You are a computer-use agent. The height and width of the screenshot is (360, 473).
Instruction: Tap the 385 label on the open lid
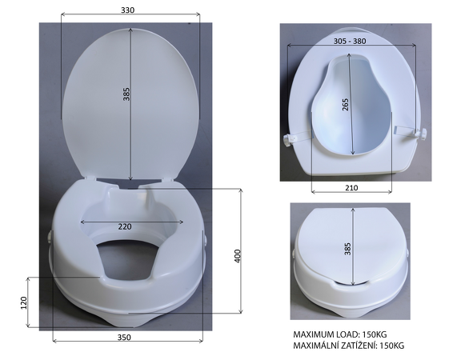126,94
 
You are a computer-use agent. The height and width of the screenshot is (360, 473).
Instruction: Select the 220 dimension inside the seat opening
124,226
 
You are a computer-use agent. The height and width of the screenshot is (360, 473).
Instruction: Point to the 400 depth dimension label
237,256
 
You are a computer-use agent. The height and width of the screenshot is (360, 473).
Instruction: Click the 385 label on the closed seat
347,250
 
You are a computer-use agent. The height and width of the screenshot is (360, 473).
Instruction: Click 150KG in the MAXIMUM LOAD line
381,334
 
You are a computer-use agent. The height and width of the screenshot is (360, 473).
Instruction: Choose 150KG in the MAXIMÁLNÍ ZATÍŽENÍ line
390,346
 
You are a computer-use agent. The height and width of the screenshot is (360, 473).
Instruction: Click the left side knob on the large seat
51,237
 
